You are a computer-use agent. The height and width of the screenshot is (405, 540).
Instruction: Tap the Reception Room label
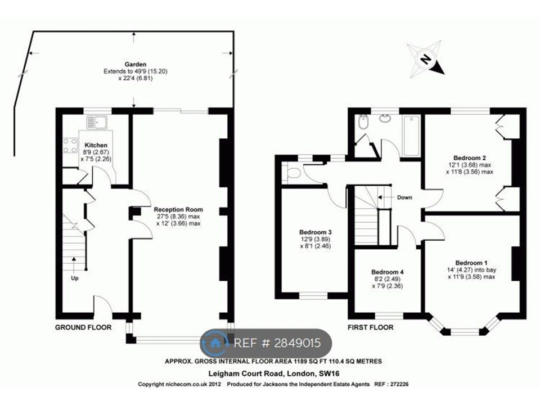point(178,209)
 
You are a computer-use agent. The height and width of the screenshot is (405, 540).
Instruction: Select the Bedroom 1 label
point(471,263)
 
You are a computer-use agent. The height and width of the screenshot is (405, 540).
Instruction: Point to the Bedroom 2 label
point(470,157)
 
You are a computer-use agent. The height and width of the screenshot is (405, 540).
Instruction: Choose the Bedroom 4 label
point(388,272)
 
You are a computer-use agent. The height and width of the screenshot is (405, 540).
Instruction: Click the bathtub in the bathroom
point(411,135)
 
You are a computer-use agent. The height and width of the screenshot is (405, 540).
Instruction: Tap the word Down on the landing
point(405,197)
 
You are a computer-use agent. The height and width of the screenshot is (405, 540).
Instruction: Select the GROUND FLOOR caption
point(83,327)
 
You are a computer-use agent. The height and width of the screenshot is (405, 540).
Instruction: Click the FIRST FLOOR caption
point(371,327)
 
